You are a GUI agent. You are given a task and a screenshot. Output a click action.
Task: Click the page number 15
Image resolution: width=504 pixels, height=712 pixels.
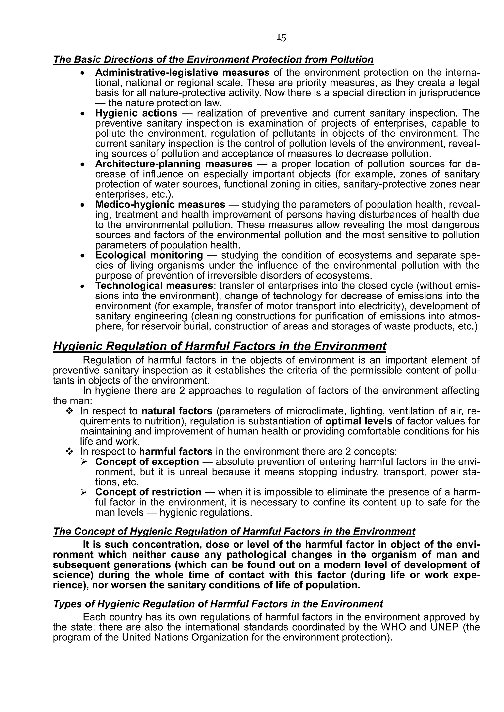pos(282,38)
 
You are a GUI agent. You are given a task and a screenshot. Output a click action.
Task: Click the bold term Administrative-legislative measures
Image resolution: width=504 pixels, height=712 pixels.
pos(182,73)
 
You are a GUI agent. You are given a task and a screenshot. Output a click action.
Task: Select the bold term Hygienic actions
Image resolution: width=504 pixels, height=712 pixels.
pos(136,113)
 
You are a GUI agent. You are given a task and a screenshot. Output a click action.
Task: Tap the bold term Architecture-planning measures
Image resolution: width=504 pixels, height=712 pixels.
pos(174,164)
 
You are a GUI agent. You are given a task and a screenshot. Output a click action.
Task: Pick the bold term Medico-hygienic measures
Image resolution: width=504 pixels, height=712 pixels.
pos(160,205)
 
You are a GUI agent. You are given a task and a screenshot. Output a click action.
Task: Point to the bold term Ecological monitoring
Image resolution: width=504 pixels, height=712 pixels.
pos(149,255)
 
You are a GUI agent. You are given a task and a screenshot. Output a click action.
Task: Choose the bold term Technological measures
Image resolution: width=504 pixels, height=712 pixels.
pos(154,286)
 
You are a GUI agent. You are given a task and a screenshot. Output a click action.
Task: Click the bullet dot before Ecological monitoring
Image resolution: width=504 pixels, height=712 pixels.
pos(82,256)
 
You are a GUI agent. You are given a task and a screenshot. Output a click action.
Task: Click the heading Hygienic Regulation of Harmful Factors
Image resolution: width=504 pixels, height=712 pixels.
pos(220,346)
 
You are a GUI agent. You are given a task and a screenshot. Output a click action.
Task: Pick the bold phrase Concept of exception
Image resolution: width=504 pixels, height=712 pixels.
pos(147,462)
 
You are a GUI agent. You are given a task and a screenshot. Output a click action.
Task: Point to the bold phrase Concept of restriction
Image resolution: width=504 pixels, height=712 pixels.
pos(148,492)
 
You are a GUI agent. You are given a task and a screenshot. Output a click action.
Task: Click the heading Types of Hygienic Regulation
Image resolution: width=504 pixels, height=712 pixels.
pos(218,604)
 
